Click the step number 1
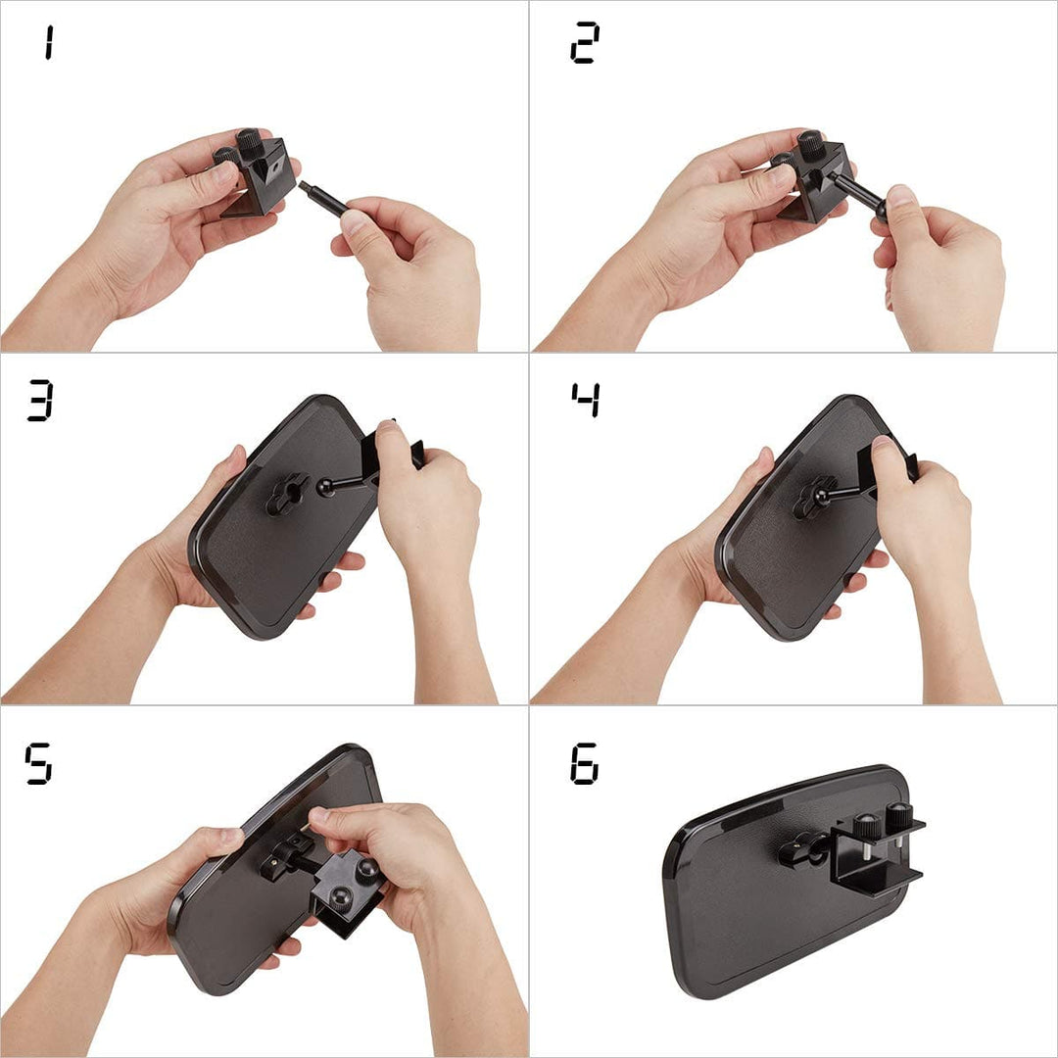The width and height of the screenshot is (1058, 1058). click(49, 42)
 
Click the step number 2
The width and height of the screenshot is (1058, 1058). click(584, 42)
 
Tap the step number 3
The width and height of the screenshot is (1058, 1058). click(40, 400)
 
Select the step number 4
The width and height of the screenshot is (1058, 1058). click(585, 400)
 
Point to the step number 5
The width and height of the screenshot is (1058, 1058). click(38, 763)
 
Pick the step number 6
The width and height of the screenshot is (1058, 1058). click(584, 763)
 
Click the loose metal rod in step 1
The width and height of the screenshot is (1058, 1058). click(324, 198)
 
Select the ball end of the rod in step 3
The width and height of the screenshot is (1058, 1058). click(326, 487)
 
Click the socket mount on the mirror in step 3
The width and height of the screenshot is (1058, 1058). click(286, 495)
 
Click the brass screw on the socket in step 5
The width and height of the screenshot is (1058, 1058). click(273, 862)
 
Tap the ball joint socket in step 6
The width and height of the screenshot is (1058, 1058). click(804, 851)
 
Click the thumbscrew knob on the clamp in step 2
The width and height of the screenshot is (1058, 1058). click(810, 144)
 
